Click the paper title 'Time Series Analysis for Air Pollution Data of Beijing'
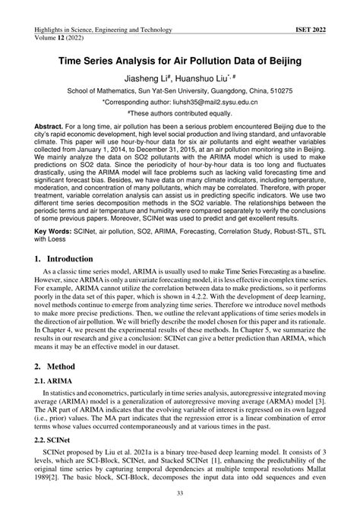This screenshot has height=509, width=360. pyautogui.click(x=179, y=58)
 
